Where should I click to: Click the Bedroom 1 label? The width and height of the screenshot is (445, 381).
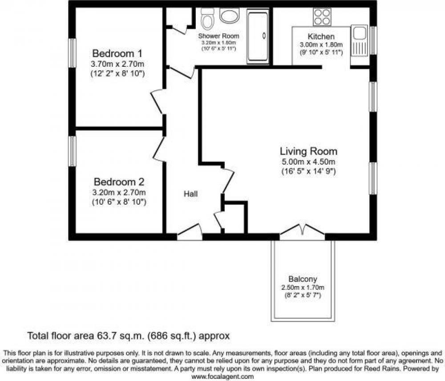117,53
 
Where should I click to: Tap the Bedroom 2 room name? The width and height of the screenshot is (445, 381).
119,182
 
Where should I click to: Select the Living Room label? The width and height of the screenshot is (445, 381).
308,151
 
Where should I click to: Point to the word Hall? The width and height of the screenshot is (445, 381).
191,194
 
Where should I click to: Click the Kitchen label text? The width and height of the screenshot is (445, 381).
321,36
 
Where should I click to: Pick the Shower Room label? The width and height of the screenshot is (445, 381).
218,36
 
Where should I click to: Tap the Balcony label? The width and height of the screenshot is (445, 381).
303,279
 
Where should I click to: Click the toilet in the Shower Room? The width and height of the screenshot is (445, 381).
207,18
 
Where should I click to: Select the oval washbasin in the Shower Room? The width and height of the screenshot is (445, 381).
230,16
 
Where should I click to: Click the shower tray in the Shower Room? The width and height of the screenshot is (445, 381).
258,36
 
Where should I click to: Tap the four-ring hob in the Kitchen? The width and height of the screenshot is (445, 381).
322,17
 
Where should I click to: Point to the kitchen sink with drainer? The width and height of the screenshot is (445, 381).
359,41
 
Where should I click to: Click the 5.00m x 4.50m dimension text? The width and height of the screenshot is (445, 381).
308,162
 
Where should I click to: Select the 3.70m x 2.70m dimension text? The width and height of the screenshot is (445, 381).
117,64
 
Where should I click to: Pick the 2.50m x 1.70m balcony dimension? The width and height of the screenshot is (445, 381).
303,288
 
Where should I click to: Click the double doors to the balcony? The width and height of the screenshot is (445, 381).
302,231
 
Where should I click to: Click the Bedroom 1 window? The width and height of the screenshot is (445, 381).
73,53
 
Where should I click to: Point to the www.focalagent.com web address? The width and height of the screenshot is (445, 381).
222,377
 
